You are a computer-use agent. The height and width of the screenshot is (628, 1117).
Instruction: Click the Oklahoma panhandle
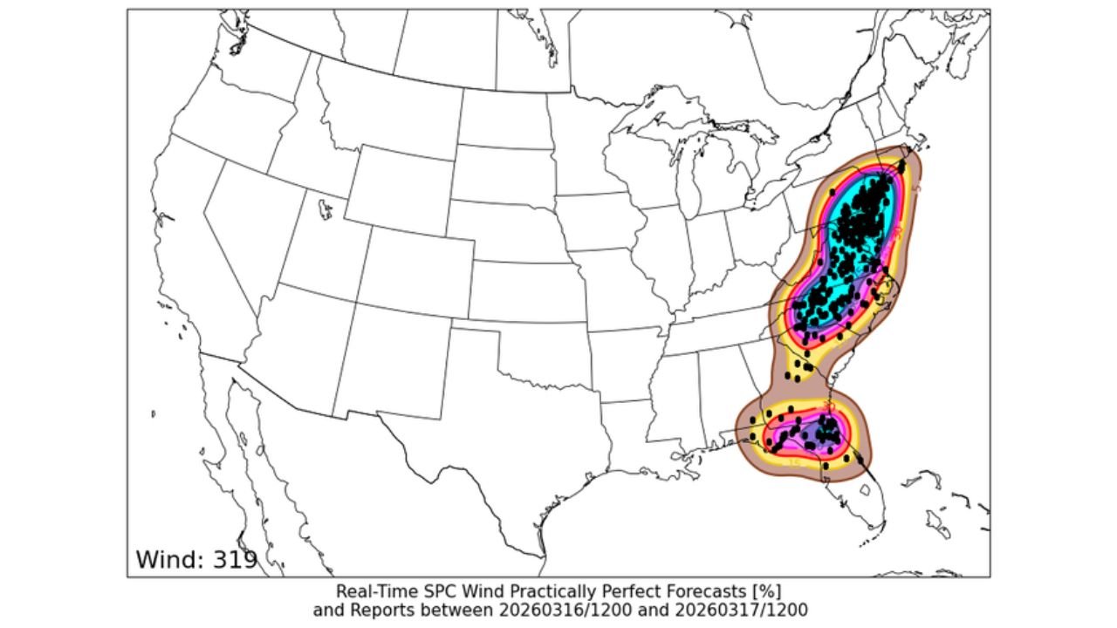tap(489, 327)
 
